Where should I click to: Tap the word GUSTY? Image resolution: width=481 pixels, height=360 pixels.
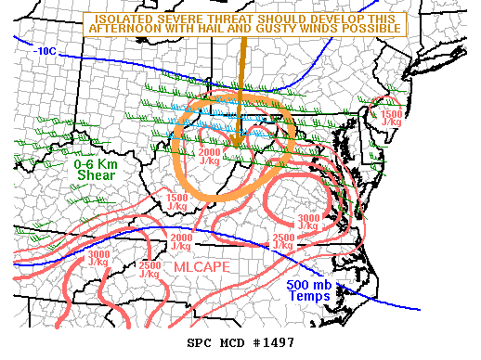308,29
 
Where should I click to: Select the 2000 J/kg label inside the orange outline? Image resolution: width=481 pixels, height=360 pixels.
212,156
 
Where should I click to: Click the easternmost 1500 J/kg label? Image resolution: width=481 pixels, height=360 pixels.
391,116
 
